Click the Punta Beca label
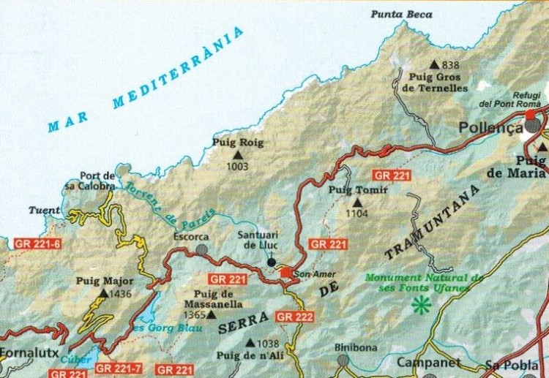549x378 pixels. pyautogui.click(x=400, y=14)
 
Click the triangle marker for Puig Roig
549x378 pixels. pyautogui.click(x=237, y=155)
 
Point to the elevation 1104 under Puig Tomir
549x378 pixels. pyautogui.click(x=356, y=214)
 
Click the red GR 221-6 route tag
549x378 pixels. pyautogui.click(x=37, y=243)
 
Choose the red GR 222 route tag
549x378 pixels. pyautogui.click(x=295, y=317)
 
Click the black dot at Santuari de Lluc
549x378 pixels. pyautogui.click(x=272, y=262)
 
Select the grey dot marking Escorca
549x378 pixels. pyautogui.click(x=201, y=249)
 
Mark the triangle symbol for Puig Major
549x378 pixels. pyautogui.click(x=103, y=293)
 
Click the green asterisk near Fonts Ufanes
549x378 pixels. pyautogui.click(x=421, y=305)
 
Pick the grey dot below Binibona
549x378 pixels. pyautogui.click(x=343, y=360)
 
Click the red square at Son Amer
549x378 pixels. pyautogui.click(x=285, y=273)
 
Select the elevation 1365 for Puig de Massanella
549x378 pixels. pyautogui.click(x=193, y=314)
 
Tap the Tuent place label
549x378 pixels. pyautogui.click(x=44, y=211)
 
